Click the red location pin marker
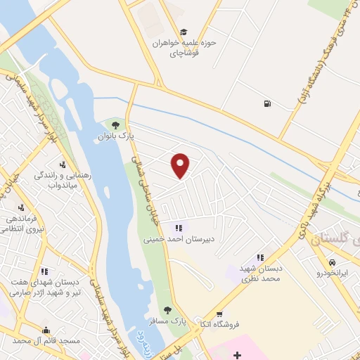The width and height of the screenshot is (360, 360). [x=181, y=165]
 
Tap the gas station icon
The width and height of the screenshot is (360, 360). [x=266, y=105]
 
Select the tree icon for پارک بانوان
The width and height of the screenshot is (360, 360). [x=115, y=125]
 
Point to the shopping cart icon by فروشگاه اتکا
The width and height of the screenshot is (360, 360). [x=221, y=314]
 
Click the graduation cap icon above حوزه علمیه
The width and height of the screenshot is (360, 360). [x=184, y=32]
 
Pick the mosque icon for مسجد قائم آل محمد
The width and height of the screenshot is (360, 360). [x=46, y=330]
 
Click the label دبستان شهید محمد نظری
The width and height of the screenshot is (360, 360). [x=261, y=274]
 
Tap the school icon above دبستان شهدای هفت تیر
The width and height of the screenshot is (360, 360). [x=44, y=271]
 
